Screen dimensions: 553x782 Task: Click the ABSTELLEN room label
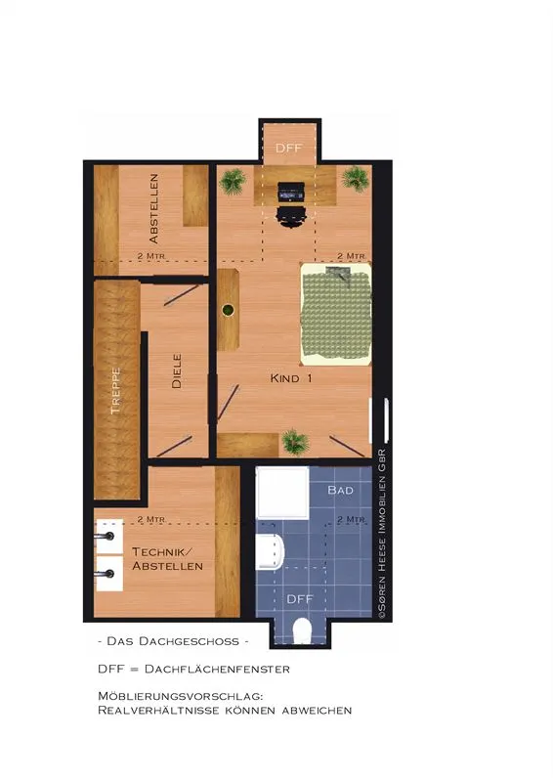click(x=154, y=208)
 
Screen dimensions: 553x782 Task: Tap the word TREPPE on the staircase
click(x=115, y=391)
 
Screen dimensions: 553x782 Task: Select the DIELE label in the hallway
click(x=177, y=371)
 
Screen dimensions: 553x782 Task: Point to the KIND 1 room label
click(x=291, y=378)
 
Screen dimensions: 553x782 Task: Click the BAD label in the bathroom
click(x=341, y=490)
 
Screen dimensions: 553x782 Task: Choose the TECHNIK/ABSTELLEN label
click(x=167, y=558)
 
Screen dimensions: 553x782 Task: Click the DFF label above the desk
click(x=289, y=149)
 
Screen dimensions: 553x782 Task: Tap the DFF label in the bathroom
click(x=300, y=598)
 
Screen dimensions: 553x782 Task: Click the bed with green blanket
click(x=336, y=314)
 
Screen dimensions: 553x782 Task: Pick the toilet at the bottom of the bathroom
click(x=301, y=630)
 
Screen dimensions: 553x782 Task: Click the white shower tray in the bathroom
click(x=282, y=493)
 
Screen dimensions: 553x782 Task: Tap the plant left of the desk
click(x=233, y=181)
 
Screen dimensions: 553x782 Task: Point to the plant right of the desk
click(x=356, y=179)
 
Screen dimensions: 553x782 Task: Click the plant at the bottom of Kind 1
click(x=295, y=443)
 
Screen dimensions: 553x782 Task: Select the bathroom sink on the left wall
click(x=270, y=551)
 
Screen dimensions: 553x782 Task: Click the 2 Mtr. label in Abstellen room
click(x=151, y=256)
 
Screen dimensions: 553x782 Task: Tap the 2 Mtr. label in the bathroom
click(x=352, y=519)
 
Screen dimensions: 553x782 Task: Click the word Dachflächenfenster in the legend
click(x=217, y=669)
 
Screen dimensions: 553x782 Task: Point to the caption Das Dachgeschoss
click(x=173, y=641)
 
